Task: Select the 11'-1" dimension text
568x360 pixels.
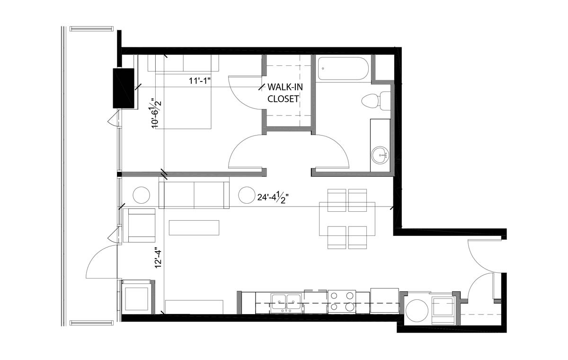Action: coord(200,81)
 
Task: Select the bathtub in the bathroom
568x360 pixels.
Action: coord(343,69)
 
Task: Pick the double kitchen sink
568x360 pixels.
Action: coord(286,302)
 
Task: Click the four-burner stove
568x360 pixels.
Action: coord(342,301)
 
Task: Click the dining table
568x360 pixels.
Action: coord(347,219)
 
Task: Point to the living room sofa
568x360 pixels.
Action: coord(194,193)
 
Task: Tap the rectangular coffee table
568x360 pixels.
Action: coord(194,227)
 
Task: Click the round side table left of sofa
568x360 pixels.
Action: coord(141,195)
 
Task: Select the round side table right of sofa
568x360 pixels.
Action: coord(247,195)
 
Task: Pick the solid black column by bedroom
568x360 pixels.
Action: coord(123,88)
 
